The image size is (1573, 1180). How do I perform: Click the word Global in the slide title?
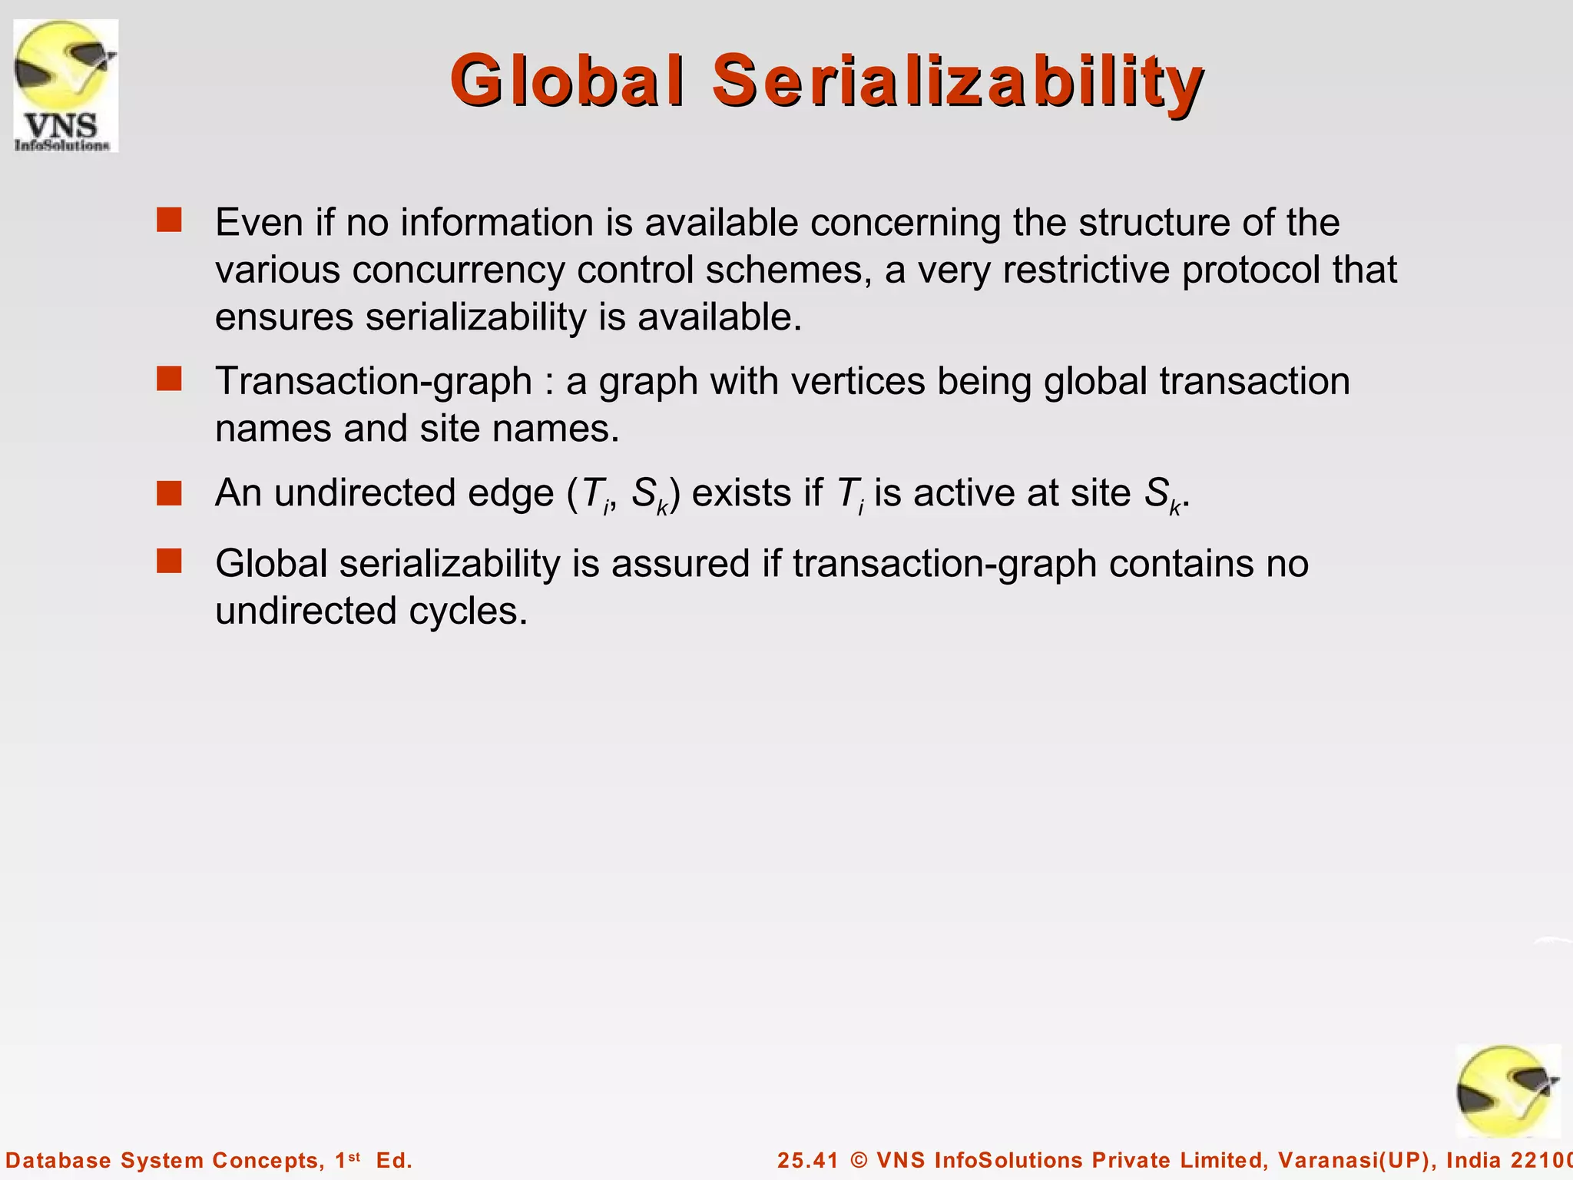click(x=566, y=81)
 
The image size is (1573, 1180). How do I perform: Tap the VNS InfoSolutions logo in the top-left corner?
click(x=65, y=85)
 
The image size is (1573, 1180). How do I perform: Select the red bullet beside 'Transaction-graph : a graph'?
click(x=169, y=379)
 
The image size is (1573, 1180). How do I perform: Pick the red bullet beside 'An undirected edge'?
click(x=169, y=492)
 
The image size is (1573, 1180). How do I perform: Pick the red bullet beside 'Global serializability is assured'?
click(x=169, y=562)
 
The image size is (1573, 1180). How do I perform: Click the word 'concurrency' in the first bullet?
click(x=458, y=270)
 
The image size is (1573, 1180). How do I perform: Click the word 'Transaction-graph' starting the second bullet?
click(x=373, y=382)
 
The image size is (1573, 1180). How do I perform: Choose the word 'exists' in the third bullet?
click(x=741, y=493)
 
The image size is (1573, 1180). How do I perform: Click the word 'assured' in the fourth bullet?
click(x=680, y=564)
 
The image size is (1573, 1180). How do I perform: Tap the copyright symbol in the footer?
click(x=859, y=1160)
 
